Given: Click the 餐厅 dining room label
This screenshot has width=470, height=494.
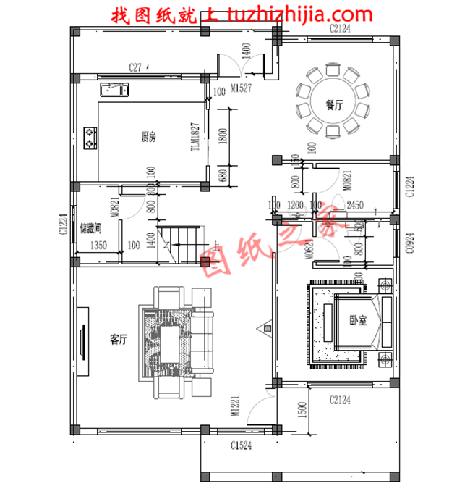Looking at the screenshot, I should click(333, 104).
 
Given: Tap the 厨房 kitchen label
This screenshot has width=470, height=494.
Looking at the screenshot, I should click(149, 136).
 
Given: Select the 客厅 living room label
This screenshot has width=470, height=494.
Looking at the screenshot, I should click(119, 339).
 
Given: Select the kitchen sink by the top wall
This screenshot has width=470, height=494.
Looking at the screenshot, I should click(114, 90).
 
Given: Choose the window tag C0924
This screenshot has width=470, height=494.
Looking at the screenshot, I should click(409, 242).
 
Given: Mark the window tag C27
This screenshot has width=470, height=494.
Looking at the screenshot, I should click(134, 67).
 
